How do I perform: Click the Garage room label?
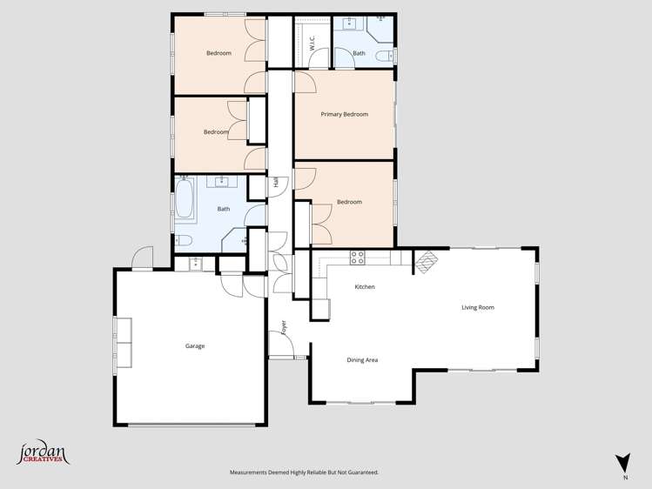point(195,346)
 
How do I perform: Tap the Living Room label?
point(478,307)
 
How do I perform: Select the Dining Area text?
point(362,360)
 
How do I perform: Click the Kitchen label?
point(365,287)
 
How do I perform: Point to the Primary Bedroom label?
point(344,114)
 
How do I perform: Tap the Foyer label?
point(284,327)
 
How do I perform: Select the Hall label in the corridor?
point(276,184)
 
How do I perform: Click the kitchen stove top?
point(357,257)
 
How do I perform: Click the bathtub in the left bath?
point(185,199)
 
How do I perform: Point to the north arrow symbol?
point(622,463)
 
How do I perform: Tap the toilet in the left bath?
point(184,241)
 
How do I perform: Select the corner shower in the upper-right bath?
point(382,28)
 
